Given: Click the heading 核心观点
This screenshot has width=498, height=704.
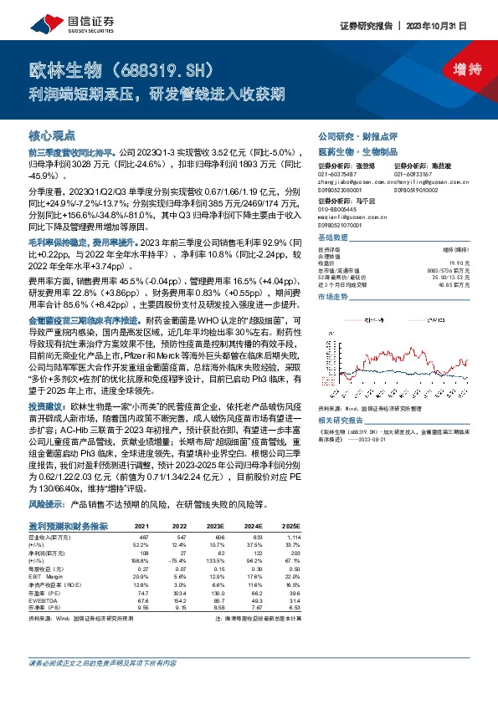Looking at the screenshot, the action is [x=53, y=135].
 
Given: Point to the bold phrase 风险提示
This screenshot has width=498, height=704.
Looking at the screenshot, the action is [x=46, y=505].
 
